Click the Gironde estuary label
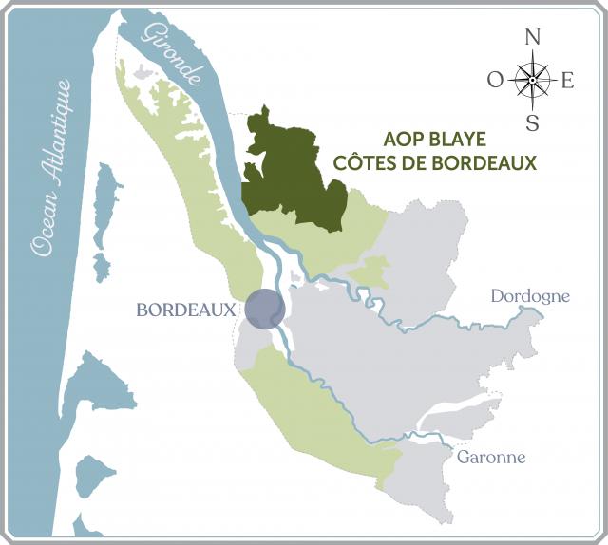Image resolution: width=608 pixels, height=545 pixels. pyautogui.click(x=170, y=56)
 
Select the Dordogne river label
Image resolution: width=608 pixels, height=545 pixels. pyautogui.click(x=530, y=296)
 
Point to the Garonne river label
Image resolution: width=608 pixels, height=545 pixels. pyautogui.click(x=491, y=457)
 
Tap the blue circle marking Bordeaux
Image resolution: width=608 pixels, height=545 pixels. pyautogui.click(x=265, y=310)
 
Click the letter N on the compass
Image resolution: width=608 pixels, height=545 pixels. pyautogui.click(x=533, y=38)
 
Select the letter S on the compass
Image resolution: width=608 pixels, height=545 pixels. pyautogui.click(x=533, y=122)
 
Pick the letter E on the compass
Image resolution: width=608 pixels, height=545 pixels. pyautogui.click(x=568, y=81)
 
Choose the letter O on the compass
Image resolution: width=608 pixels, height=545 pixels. pyautogui.click(x=495, y=81)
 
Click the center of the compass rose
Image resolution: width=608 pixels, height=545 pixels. pyautogui.click(x=532, y=80)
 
